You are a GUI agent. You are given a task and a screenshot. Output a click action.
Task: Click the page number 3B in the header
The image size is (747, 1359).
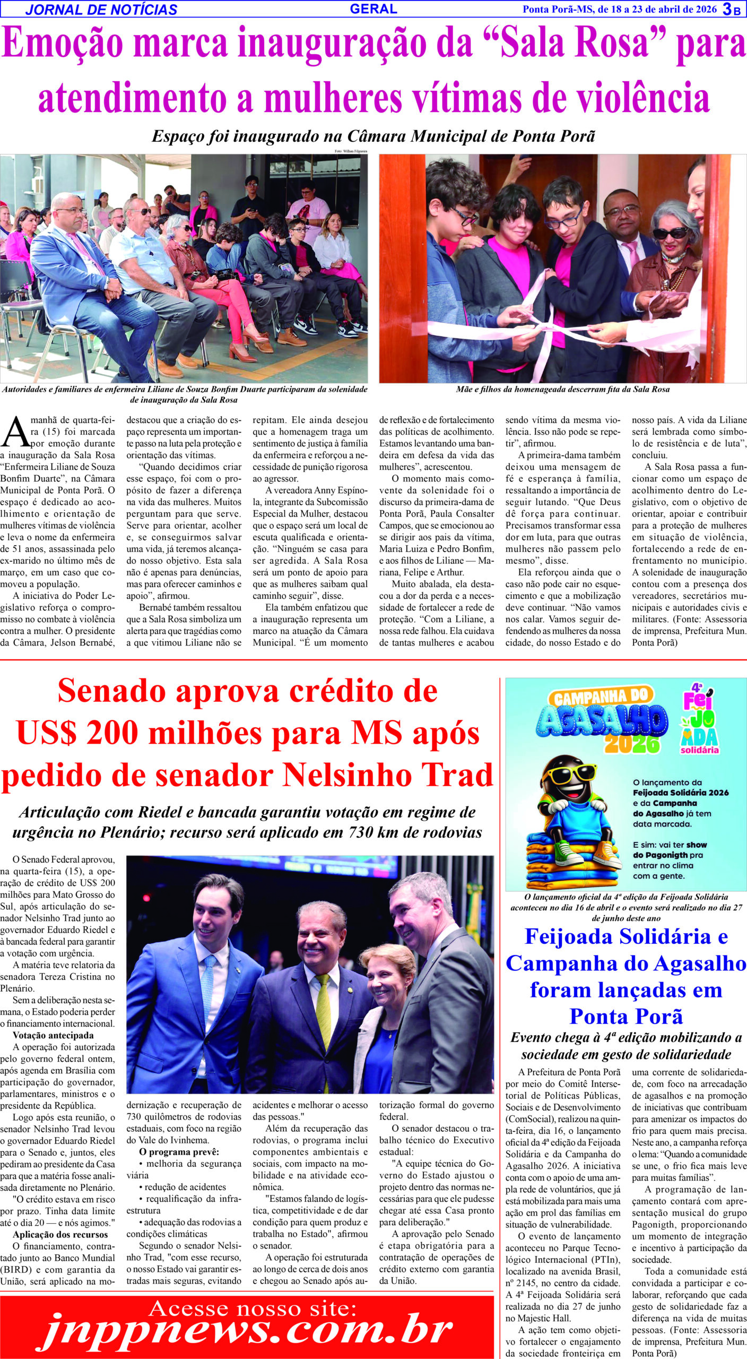coord(732,8)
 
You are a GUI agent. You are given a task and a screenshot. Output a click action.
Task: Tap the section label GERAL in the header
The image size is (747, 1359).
coord(373,8)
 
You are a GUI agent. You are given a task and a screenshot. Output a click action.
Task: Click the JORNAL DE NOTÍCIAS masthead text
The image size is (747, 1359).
coord(101,10)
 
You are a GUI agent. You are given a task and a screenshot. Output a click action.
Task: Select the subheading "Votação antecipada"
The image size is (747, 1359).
coord(53,1035)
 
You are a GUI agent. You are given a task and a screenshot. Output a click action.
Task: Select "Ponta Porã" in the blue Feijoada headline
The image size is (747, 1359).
coord(626,1016)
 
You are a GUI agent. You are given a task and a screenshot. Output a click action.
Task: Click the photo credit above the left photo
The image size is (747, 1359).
coord(350,151)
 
